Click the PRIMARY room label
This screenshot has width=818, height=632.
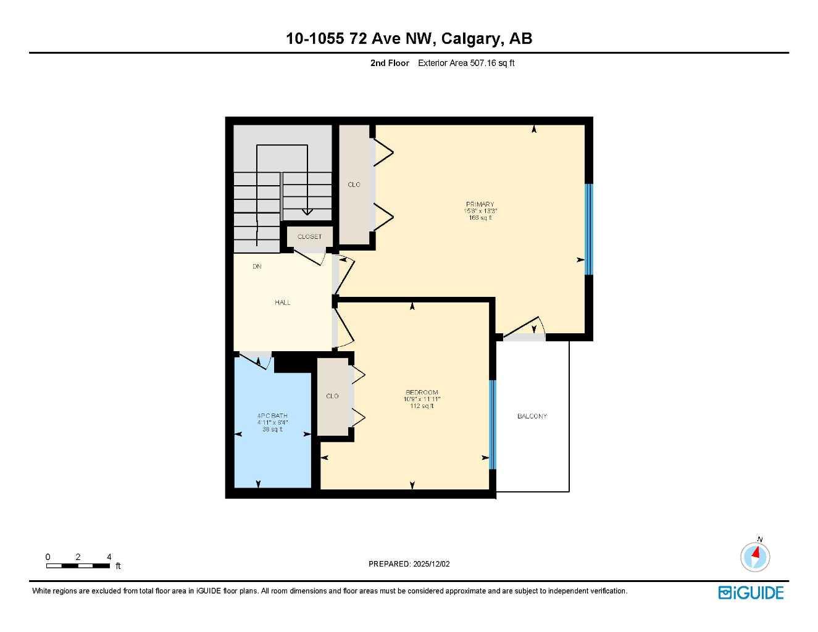pyautogui.click(x=480, y=204)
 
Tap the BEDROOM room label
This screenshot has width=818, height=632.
pyautogui.click(x=422, y=393)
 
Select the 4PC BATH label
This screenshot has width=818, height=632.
pyautogui.click(x=272, y=416)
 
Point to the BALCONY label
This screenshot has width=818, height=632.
pyautogui.click(x=532, y=417)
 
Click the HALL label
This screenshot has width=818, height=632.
pyautogui.click(x=283, y=302)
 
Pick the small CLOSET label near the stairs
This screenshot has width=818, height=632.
pyautogui.click(x=309, y=237)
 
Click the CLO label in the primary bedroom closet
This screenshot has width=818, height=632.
pyautogui.click(x=354, y=185)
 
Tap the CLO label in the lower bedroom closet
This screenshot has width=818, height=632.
pyautogui.click(x=332, y=396)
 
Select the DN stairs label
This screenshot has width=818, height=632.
pyautogui.click(x=257, y=267)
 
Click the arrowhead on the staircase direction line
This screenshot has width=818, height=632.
pyautogui.click(x=307, y=212)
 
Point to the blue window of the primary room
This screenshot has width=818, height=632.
pyautogui.click(x=588, y=229)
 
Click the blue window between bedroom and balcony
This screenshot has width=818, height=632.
pyautogui.click(x=492, y=425)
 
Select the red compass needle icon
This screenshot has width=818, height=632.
pyautogui.click(x=755, y=555)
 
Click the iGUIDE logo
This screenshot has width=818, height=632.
pyautogui.click(x=751, y=592)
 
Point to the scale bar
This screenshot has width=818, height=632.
pyautogui.click(x=78, y=565)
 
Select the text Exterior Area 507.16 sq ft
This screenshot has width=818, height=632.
pyautogui.click(x=466, y=63)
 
